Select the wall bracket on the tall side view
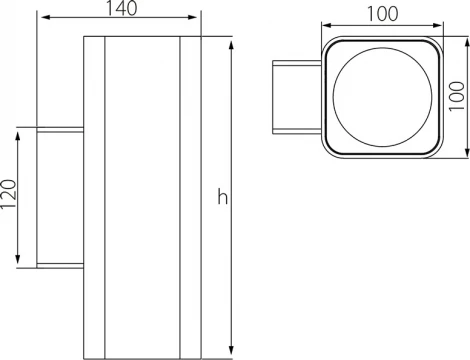pyautogui.click(x=61, y=197)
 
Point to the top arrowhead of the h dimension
pyautogui.click(x=233, y=44)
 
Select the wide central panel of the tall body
pyautogui.click(x=141, y=197)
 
